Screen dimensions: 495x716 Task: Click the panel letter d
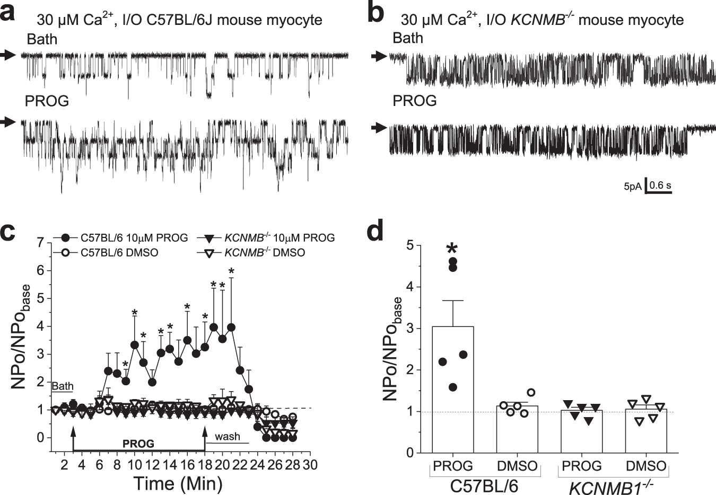pos(375,231)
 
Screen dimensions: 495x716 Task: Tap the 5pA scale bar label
pos(632,187)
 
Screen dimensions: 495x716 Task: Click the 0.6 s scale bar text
pos(660,185)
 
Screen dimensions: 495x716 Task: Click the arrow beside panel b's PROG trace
pos(378,127)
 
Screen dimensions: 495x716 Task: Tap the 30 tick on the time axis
pos(309,465)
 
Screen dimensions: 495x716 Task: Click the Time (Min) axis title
pos(177,483)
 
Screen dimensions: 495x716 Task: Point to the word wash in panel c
pos(228,437)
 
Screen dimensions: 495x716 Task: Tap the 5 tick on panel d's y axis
pos(409,246)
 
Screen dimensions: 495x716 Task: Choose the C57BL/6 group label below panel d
pos(484,484)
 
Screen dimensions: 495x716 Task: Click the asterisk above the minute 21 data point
pos(231,271)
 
